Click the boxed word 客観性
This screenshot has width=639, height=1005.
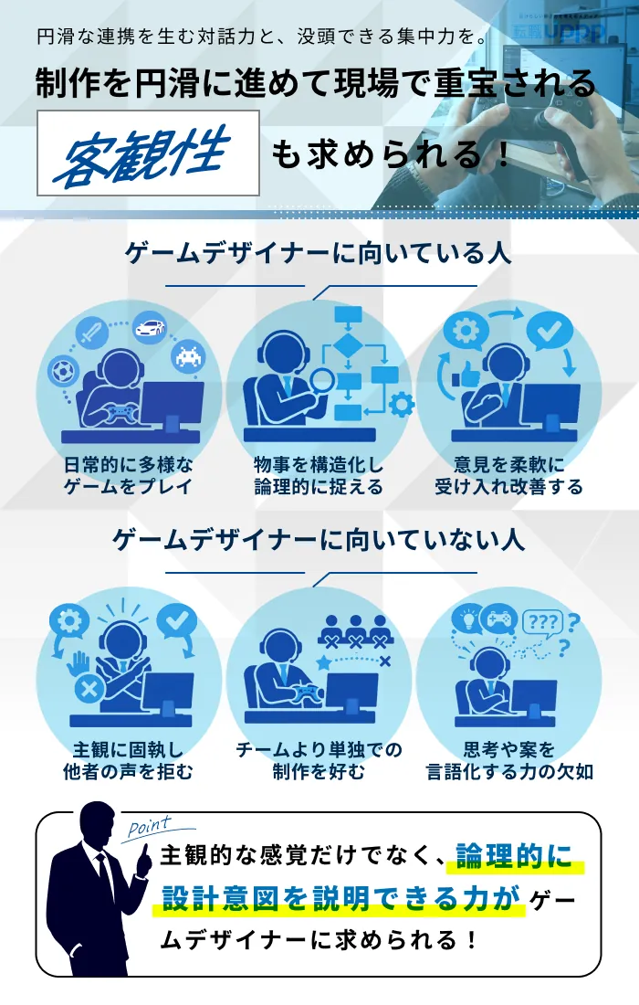click(x=147, y=153)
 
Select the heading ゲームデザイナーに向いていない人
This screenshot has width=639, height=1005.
click(x=319, y=539)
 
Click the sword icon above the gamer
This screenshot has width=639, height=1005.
click(x=91, y=332)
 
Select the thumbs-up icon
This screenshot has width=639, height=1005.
click(x=467, y=376)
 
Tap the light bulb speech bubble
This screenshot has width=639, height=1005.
click(x=467, y=619)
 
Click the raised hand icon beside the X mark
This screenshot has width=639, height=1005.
click(x=80, y=664)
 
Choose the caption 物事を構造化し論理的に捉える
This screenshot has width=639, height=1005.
click(x=319, y=475)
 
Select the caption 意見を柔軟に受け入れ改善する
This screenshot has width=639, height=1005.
click(x=508, y=475)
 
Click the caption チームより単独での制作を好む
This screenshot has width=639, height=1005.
click(x=319, y=760)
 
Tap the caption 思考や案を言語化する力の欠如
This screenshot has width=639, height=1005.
click(x=509, y=760)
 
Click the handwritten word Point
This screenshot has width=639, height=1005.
click(x=150, y=827)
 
